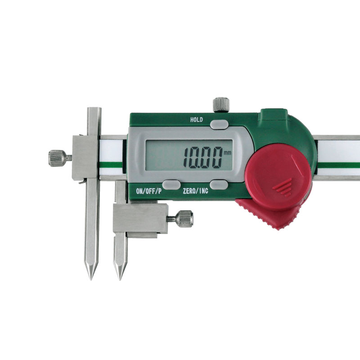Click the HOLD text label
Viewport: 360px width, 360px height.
pyautogui.click(x=197, y=120)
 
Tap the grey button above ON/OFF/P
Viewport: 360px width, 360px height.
pyautogui.click(x=171, y=185)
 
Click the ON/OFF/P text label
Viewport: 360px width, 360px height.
pyautogui.click(x=149, y=191)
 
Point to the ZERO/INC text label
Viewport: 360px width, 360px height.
pyautogui.click(x=195, y=191)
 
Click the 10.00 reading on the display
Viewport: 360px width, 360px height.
pyautogui.click(x=203, y=158)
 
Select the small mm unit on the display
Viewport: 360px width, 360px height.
pyautogui.click(x=228, y=153)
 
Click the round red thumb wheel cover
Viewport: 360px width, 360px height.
pyautogui.click(x=278, y=177)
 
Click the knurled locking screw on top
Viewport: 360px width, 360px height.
pyautogui.click(x=221, y=105)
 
